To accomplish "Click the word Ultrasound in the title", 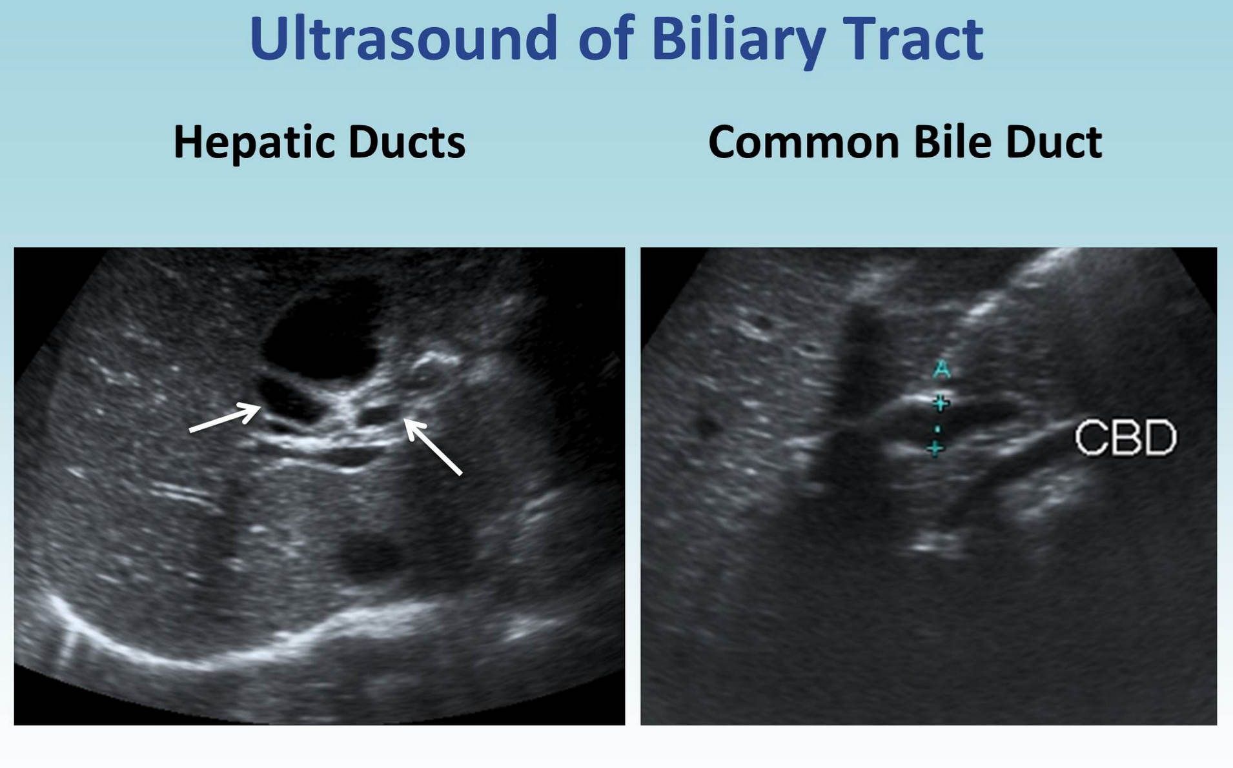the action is click(x=403, y=38).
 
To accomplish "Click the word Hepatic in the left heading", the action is click(x=254, y=143).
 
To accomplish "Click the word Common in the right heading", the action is click(x=804, y=141).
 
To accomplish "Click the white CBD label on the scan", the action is click(x=1126, y=438).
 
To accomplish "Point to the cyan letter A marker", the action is click(x=942, y=370).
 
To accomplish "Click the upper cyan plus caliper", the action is click(x=941, y=403).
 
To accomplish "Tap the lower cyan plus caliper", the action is click(x=935, y=447).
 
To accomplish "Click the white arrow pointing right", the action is click(x=225, y=418).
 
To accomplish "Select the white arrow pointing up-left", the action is click(x=433, y=447).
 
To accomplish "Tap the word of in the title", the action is click(x=605, y=38).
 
